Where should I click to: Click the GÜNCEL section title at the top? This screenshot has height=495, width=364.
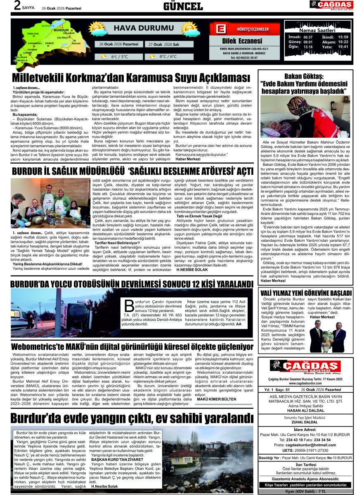(x=183, y=6)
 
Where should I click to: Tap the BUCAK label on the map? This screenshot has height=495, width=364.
(x=76, y=43)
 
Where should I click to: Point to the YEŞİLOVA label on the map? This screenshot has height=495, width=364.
(x=33, y=33)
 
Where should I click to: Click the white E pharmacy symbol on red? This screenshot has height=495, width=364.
(x=220, y=29)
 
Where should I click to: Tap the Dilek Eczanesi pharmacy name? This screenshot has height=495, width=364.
(x=242, y=41)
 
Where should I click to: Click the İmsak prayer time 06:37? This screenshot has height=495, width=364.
(x=308, y=37)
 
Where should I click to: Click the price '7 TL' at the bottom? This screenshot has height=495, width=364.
(x=332, y=491)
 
